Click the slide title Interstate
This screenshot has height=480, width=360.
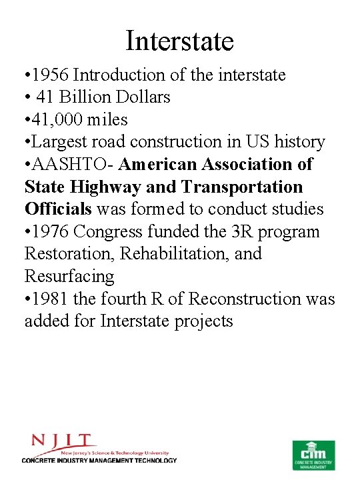pyautogui.click(x=180, y=41)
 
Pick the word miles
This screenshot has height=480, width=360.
pyautogui.click(x=107, y=119)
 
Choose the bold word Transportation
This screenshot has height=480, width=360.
pyautogui.click(x=242, y=187)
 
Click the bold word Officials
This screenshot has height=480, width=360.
pyautogui.click(x=58, y=209)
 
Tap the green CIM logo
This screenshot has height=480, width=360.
pyautogui.click(x=313, y=453)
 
